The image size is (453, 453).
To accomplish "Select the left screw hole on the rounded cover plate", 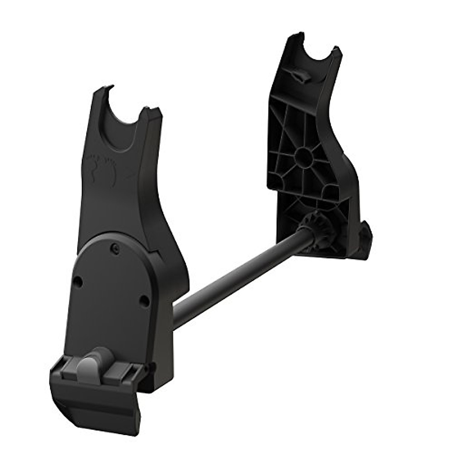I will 78,281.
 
